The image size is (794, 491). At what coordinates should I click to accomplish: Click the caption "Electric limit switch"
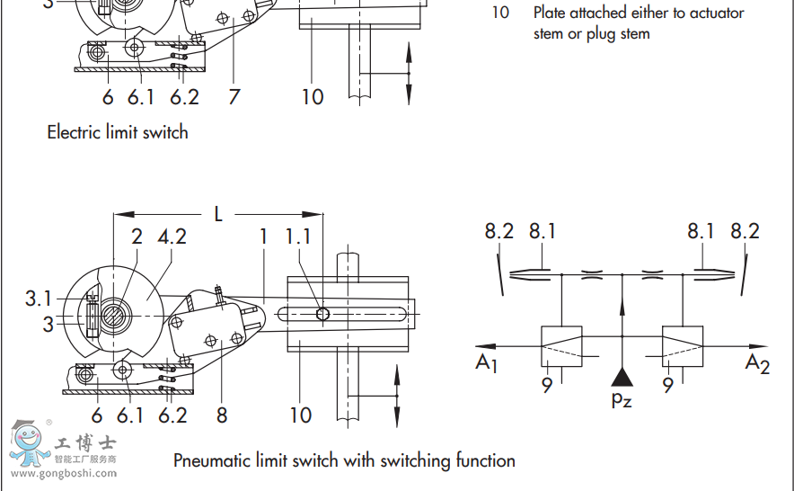(x=118, y=132)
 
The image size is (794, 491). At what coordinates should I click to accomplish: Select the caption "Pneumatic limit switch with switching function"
(x=344, y=460)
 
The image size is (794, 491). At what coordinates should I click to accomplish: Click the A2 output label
(x=757, y=362)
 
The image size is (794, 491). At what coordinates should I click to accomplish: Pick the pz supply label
(x=621, y=398)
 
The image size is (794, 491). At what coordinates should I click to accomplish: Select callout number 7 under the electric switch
(x=234, y=96)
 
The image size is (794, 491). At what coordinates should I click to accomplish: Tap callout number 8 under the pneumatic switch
(x=221, y=415)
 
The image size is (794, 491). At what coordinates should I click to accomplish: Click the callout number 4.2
(x=172, y=237)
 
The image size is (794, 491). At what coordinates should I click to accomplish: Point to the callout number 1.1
(x=299, y=237)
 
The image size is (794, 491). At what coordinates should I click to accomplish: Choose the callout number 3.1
(x=40, y=298)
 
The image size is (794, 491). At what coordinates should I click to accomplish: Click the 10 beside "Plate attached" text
(x=499, y=13)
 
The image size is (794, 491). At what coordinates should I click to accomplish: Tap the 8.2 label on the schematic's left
(x=499, y=231)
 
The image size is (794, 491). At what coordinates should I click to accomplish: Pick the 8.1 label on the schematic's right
(x=701, y=231)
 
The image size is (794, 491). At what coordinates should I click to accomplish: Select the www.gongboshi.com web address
(x=63, y=474)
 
